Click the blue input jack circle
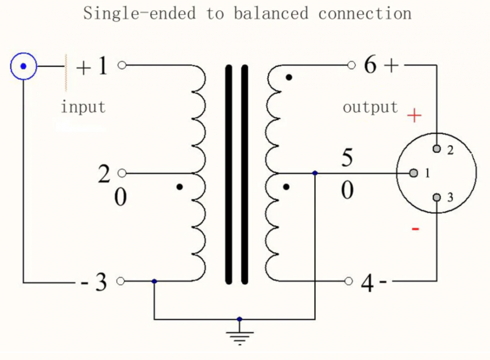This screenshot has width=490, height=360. click(x=23, y=66)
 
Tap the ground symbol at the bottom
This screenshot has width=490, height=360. click(x=240, y=336)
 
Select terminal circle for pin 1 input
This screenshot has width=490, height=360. click(x=122, y=65)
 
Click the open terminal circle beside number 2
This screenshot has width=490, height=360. click(x=122, y=173)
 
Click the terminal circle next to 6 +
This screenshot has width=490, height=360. click(x=350, y=65)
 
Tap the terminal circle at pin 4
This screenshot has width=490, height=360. click(x=348, y=281)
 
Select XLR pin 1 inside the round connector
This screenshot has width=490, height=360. click(x=414, y=173)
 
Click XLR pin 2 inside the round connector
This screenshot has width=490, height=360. click(x=437, y=149)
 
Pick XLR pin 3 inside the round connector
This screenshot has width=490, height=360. click(x=437, y=198)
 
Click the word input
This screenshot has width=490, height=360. click(x=83, y=106)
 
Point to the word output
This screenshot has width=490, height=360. click(x=370, y=107)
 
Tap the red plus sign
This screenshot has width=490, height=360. click(x=415, y=116)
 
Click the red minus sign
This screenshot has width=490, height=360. click(x=416, y=229)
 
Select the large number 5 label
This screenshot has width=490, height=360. click(x=347, y=158)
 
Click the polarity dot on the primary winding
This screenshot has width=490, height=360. click(x=180, y=187)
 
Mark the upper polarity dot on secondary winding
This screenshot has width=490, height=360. click(x=290, y=77)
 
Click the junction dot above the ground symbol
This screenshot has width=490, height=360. click(x=240, y=319)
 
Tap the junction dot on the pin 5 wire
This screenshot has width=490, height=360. click(x=315, y=173)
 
